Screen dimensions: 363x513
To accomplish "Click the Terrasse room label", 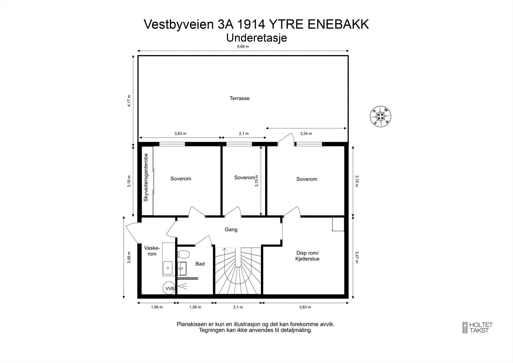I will click(x=239, y=99).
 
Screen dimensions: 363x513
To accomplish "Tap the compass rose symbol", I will click(x=381, y=116).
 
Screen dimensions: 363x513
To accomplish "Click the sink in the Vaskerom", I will click(x=168, y=268).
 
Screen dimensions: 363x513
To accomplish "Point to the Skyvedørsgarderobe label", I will click(x=146, y=177).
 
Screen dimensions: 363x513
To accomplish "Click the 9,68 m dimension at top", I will click(x=243, y=47).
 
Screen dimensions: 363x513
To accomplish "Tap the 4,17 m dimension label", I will click(x=129, y=100).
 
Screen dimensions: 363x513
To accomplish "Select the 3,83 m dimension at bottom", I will click(x=305, y=307).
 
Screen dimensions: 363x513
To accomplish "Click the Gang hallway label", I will click(x=231, y=229).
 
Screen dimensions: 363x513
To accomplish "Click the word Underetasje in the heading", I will click(x=256, y=38).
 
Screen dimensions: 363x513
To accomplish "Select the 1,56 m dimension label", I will click(x=157, y=307).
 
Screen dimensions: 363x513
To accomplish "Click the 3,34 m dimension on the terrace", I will click(x=306, y=134).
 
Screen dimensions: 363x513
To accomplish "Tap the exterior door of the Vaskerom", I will click(x=132, y=232).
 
